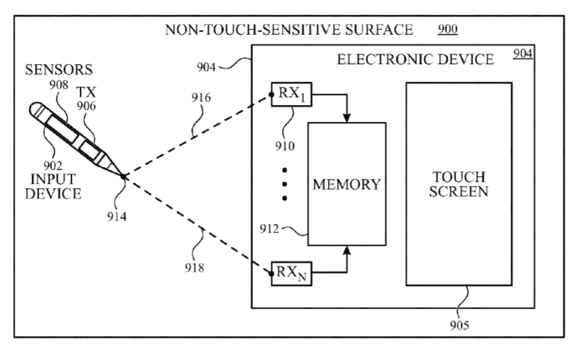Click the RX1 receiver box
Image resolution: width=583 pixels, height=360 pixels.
click(292, 94)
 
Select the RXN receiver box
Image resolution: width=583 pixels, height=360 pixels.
click(292, 273)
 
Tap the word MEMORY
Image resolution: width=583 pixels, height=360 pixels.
click(347, 185)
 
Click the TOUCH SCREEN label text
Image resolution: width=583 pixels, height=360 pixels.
click(459, 184)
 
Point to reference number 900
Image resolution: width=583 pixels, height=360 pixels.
click(448, 29)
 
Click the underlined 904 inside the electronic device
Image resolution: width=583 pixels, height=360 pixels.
click(523, 54)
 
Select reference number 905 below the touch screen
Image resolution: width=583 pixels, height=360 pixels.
click(460, 325)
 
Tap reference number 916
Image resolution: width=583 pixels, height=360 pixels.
click(201, 97)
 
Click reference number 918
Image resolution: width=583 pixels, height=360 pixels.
click(195, 268)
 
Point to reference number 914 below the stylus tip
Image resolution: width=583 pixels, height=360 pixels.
click(117, 216)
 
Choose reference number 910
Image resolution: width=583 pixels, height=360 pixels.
click(285, 146)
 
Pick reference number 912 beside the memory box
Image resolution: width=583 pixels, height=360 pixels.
click(269, 229)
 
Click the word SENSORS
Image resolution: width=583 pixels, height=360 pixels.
click(59, 70)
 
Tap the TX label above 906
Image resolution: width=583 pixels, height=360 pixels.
click(86, 92)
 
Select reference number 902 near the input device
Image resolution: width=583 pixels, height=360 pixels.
click(53, 166)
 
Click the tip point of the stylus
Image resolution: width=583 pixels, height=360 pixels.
click(124, 176)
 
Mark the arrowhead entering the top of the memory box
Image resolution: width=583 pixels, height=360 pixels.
click(347, 118)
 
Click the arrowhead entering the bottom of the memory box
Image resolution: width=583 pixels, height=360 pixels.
click(347, 250)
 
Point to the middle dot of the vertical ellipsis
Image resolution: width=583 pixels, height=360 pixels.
click(284, 185)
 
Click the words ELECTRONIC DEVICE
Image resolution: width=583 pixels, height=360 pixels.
click(415, 59)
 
